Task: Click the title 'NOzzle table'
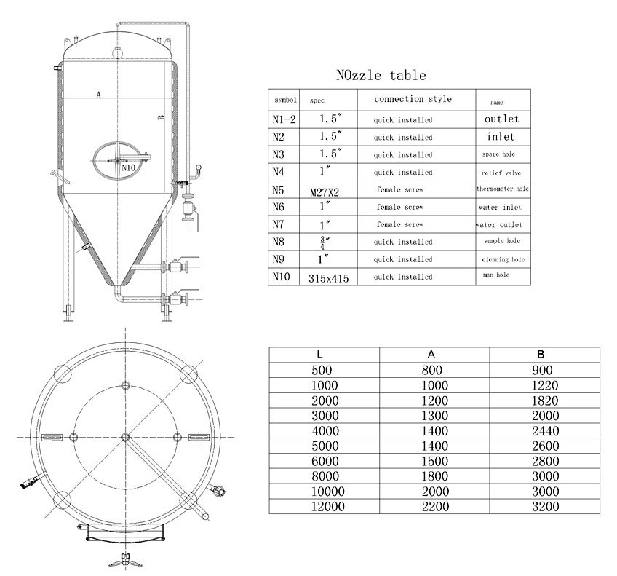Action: tap(381, 75)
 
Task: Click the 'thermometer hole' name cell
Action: tap(502, 189)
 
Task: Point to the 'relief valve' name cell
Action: tap(502, 173)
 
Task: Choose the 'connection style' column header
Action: tap(413, 99)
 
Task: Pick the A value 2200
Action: tap(434, 506)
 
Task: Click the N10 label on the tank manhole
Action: tap(128, 167)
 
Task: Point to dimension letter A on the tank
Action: tap(97, 94)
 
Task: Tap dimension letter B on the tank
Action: tap(159, 119)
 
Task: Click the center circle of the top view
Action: tap(125, 437)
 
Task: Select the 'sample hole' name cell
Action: tap(502, 241)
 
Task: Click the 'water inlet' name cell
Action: tap(502, 208)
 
